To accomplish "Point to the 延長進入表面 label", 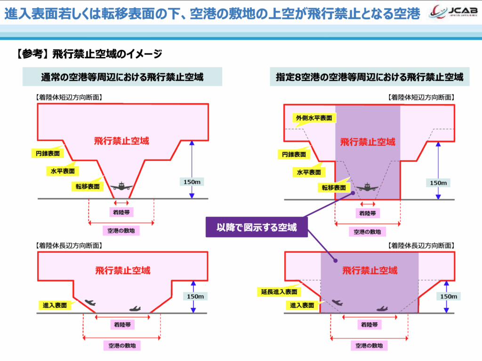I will [x=279, y=292].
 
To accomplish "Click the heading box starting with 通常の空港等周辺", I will [x=122, y=77].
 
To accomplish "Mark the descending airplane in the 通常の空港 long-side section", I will [x=89, y=302].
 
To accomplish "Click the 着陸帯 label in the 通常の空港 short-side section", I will [x=121, y=212].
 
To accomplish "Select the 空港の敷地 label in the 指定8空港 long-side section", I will [x=369, y=345].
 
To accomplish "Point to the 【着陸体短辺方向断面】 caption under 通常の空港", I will [x=69, y=98].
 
